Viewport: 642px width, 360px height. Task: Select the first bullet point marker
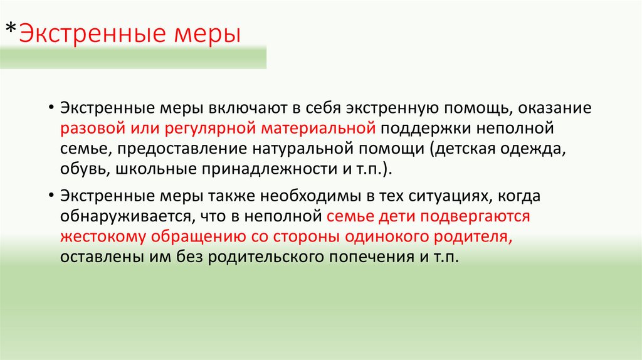pos(50,108)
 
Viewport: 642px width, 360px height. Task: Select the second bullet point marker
pos(50,196)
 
